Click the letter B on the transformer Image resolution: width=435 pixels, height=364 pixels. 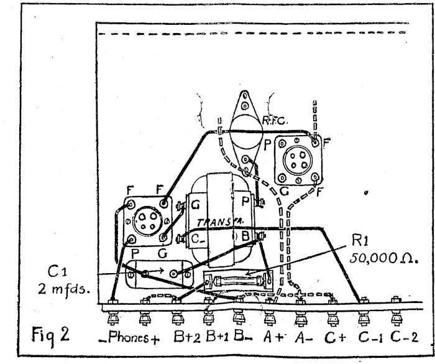[x=245, y=237]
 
